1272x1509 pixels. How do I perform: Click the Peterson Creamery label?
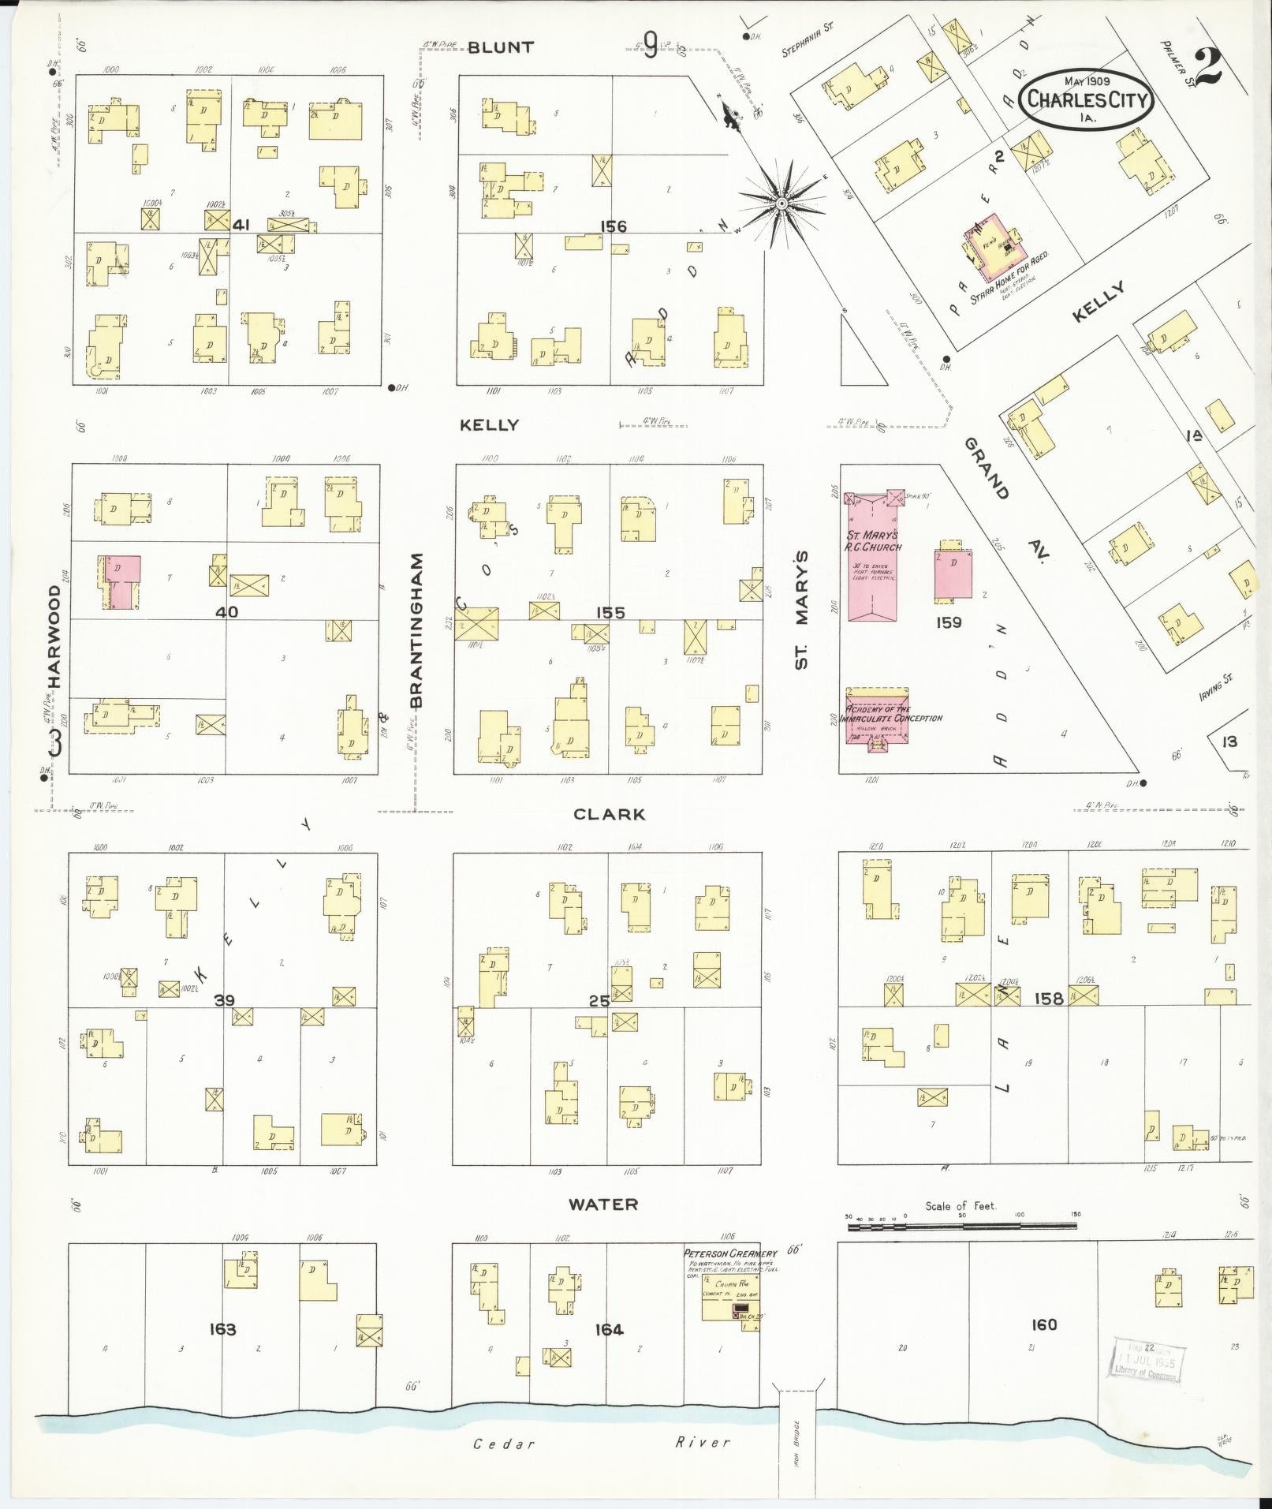tap(729, 1253)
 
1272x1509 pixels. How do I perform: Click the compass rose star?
tap(781, 204)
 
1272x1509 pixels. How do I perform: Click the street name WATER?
tap(603, 1205)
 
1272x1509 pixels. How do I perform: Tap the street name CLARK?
tap(609, 815)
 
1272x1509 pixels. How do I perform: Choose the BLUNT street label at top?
tap(500, 47)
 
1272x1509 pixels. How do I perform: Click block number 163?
tap(222, 1329)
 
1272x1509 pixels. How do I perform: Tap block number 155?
tap(610, 613)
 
